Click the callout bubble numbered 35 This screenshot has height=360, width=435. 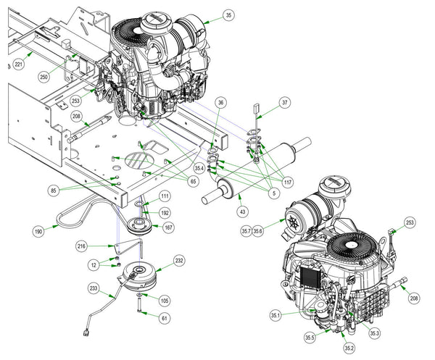click(228, 15)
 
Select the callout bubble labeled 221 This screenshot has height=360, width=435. click(18, 64)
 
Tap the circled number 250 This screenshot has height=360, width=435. click(43, 77)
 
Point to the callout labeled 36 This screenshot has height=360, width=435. click(220, 103)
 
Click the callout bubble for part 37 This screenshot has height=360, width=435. click(285, 103)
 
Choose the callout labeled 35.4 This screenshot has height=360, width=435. click(199, 168)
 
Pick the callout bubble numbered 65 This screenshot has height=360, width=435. click(193, 182)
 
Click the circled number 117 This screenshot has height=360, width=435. click(288, 182)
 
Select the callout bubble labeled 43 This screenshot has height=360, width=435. click(243, 212)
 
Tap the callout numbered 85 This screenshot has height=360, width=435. click(53, 191)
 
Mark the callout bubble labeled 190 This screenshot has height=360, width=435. click(38, 231)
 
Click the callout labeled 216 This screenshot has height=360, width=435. click(81, 246)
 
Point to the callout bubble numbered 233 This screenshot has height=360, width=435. click(94, 288)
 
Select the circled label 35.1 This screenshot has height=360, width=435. click(275, 315)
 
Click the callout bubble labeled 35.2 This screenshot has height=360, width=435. click(349, 348)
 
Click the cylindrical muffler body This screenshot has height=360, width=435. click(257, 170)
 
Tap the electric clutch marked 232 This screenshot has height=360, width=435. click(138, 276)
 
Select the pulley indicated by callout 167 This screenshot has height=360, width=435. click(138, 225)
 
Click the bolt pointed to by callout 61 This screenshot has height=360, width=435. click(139, 304)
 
